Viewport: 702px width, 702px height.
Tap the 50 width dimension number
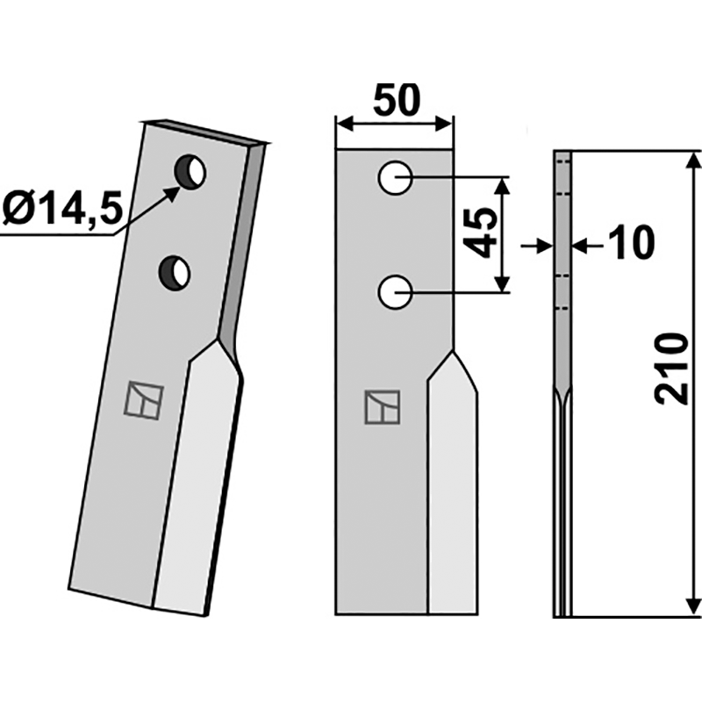[397, 100]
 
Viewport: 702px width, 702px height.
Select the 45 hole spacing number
[481, 233]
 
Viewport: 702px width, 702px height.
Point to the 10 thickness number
[628, 244]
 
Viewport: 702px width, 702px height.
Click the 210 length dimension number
[671, 369]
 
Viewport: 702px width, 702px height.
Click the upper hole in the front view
[395, 178]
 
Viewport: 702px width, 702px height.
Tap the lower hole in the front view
[395, 292]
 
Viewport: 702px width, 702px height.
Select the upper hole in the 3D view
[190, 172]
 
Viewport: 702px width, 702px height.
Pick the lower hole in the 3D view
[175, 273]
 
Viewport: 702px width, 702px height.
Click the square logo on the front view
[383, 407]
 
